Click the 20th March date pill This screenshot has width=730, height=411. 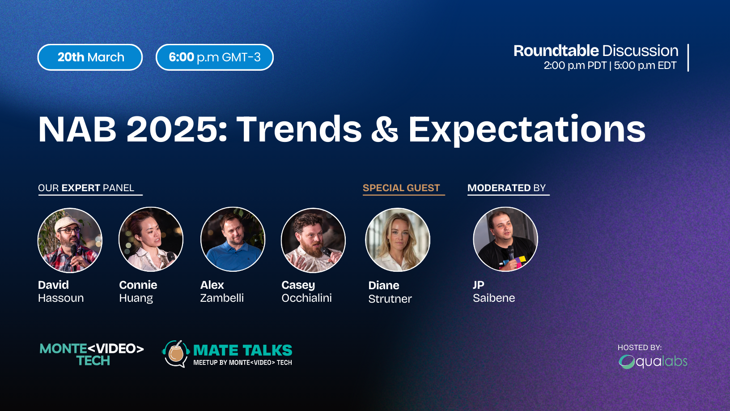tap(90, 57)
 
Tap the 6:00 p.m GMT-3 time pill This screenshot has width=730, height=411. tap(214, 57)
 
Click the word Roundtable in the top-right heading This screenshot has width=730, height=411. tap(556, 51)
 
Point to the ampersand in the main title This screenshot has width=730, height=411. tap(385, 129)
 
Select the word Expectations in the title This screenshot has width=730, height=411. tap(527, 130)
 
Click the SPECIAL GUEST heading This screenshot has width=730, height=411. tap(401, 188)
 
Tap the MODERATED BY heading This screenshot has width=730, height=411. tap(506, 188)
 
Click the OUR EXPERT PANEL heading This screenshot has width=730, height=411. tap(86, 188)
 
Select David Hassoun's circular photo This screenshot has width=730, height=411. tap(70, 240)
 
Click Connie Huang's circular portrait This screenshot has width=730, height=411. tap(151, 240)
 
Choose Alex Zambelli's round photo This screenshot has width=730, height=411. tap(233, 239)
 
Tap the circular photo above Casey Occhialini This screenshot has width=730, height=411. tap(313, 240)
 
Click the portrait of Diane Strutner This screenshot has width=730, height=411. tap(398, 240)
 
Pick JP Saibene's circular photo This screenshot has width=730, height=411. tap(505, 239)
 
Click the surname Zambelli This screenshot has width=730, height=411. tap(222, 298)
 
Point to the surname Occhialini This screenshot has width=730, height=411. tap(307, 298)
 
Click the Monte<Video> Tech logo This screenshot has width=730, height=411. tap(92, 355)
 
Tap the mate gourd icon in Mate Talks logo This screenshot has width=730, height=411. tap(176, 354)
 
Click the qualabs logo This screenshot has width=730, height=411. tap(653, 362)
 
